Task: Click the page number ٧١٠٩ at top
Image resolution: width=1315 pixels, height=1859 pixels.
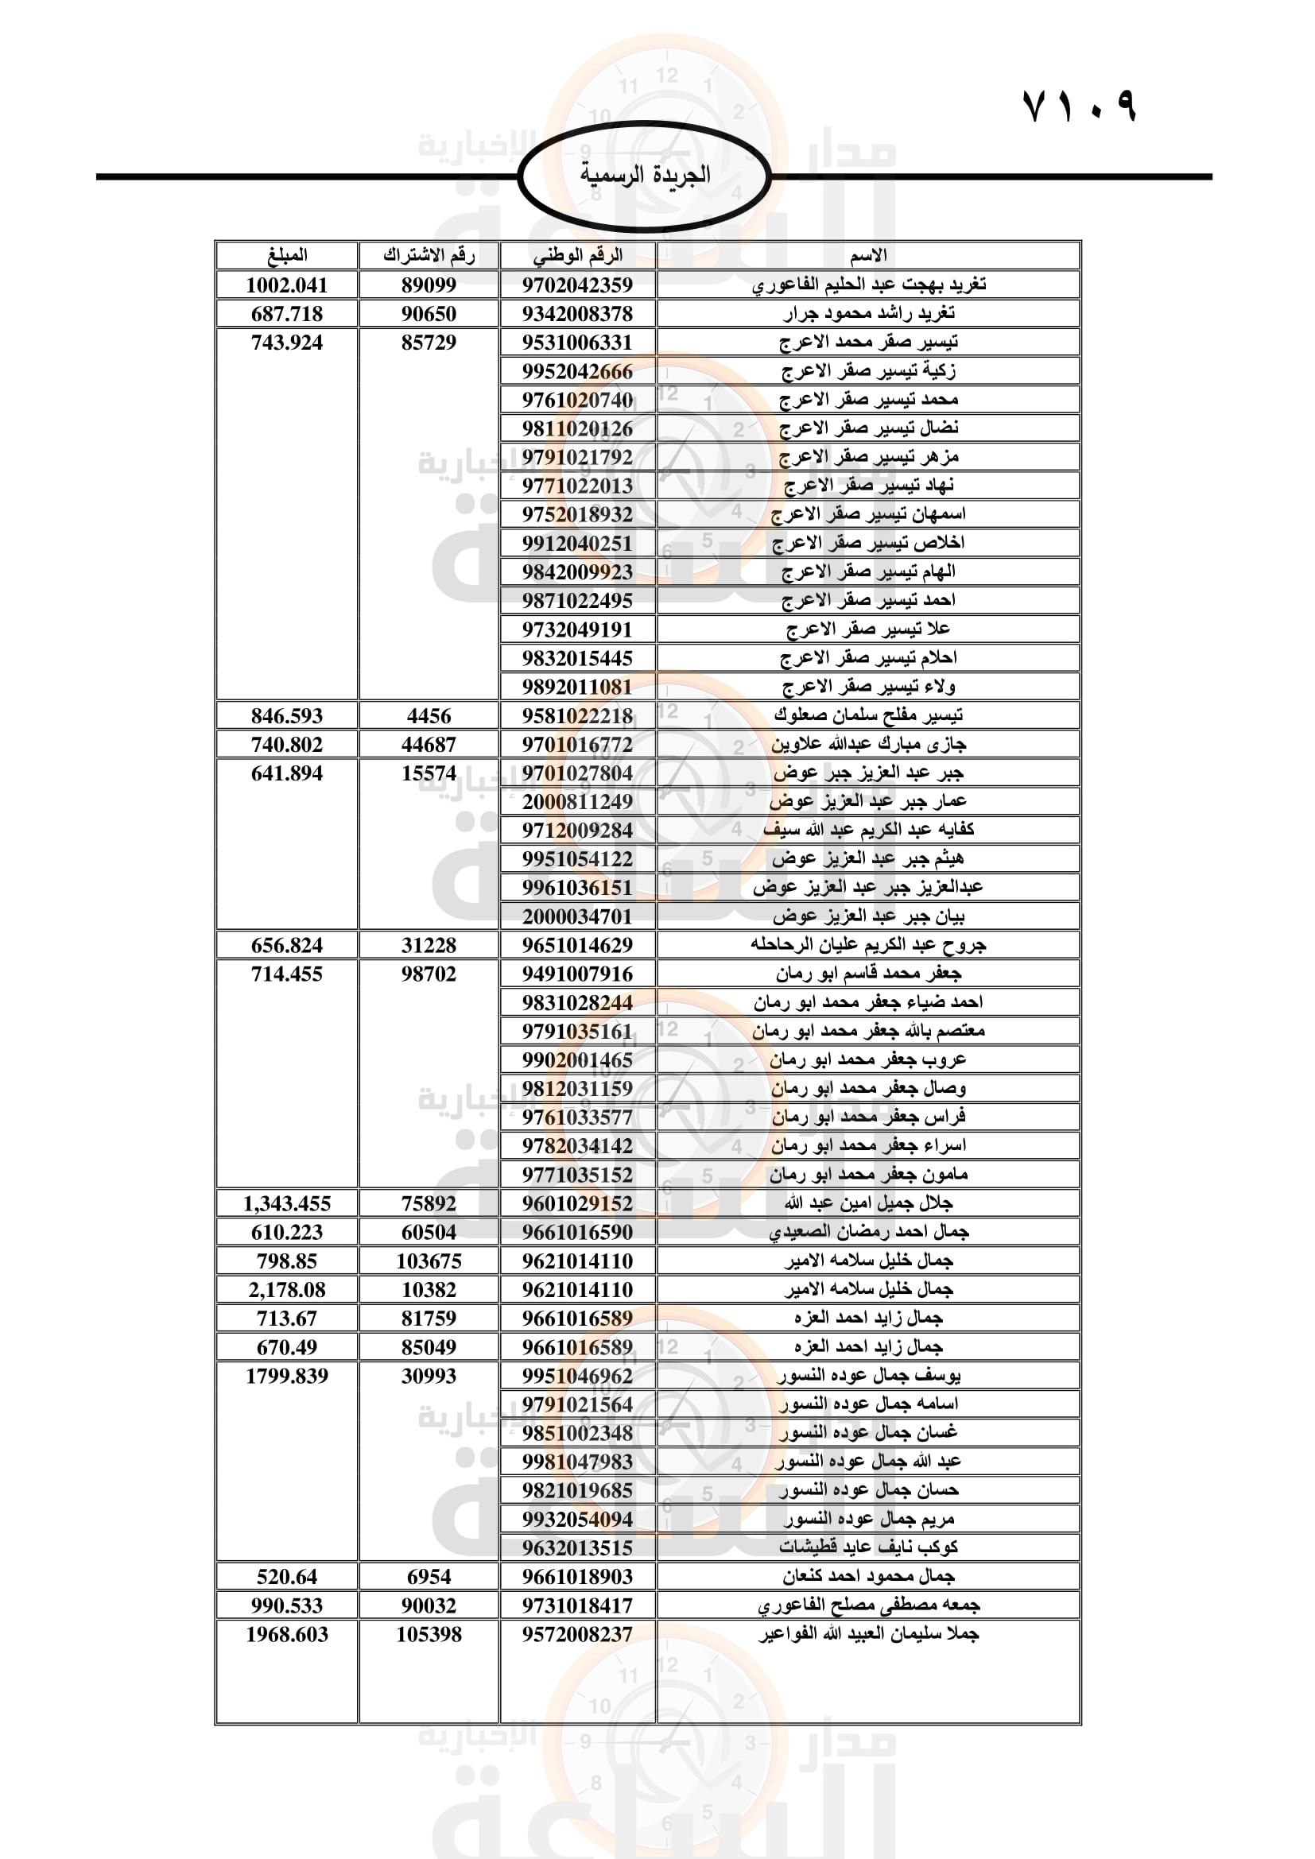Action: [1080, 106]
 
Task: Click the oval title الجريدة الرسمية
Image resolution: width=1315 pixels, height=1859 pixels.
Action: [645, 175]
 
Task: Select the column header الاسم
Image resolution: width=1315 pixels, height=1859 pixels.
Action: [868, 256]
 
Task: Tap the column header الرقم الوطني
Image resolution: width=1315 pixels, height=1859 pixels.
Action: [577, 256]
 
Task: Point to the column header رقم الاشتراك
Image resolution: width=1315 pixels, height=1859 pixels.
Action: [429, 256]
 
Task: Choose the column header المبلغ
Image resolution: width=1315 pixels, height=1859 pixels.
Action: [287, 256]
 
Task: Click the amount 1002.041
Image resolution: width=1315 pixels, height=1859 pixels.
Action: [287, 285]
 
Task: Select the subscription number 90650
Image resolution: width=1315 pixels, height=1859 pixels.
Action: [429, 314]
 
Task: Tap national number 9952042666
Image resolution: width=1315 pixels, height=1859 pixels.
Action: [577, 372]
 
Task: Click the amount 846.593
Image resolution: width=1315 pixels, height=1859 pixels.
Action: [287, 716]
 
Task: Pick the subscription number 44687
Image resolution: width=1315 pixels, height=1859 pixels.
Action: [429, 745]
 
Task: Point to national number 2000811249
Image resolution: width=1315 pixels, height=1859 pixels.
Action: [577, 803]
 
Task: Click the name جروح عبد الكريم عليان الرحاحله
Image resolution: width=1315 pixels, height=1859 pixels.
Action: [868, 945]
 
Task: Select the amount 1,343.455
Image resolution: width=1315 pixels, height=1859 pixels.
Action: [287, 1204]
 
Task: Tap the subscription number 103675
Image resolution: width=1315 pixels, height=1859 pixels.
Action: [429, 1261]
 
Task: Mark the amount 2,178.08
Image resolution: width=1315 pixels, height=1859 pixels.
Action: [287, 1290]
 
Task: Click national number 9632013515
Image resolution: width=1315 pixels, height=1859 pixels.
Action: [577, 1548]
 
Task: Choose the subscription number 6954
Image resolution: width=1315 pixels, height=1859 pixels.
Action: [429, 1577]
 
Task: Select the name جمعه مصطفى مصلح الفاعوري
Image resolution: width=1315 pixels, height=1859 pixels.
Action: [868, 1605]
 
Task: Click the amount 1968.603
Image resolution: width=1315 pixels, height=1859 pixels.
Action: [287, 1635]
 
